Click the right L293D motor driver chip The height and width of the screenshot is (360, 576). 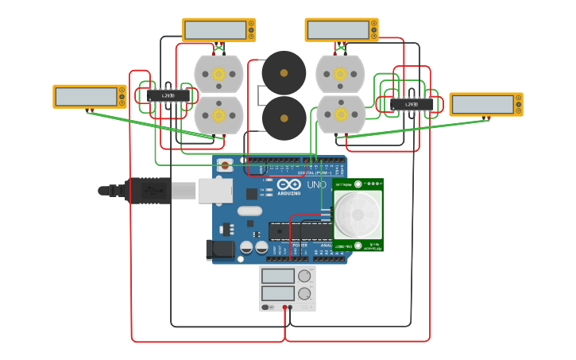point(412,104)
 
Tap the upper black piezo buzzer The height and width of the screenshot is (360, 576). point(284,73)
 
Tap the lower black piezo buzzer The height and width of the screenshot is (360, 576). point(284,118)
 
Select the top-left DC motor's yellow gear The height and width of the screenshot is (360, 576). point(218,74)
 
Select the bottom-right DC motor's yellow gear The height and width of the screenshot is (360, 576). point(341,114)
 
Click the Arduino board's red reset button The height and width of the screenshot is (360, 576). point(225,166)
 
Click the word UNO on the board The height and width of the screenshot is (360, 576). point(316,184)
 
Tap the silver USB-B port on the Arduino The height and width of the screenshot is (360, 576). point(215,190)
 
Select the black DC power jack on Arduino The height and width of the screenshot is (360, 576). point(220,250)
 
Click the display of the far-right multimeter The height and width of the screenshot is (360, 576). point(482,104)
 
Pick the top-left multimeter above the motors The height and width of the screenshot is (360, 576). point(215,29)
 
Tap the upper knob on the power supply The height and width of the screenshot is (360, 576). point(304,276)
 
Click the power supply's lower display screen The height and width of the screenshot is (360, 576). point(278,293)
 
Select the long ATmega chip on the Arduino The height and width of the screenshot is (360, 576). point(300,230)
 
